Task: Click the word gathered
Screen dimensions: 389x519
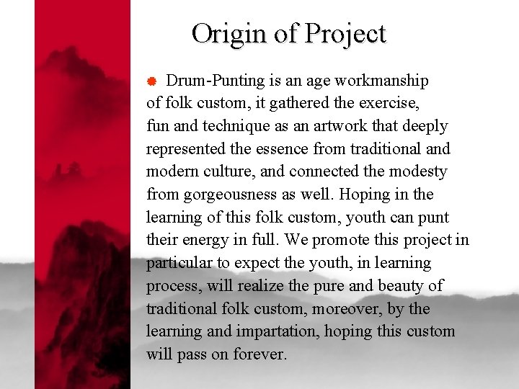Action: coord(275,103)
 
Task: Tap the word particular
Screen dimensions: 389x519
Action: coord(178,263)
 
